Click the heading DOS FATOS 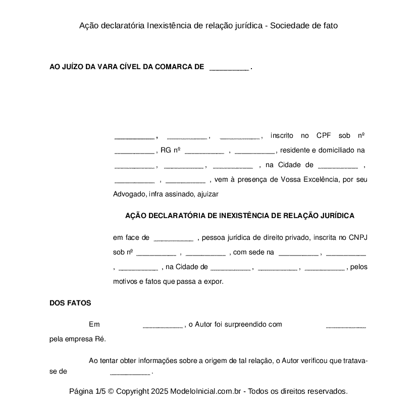pyautogui.click(x=70, y=303)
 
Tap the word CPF pyautogui.click(x=324, y=135)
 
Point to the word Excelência pyautogui.click(x=321, y=179)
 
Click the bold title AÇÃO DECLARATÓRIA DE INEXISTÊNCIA pyautogui.click(x=239, y=216)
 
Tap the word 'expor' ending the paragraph pyautogui.click(x=214, y=282)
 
